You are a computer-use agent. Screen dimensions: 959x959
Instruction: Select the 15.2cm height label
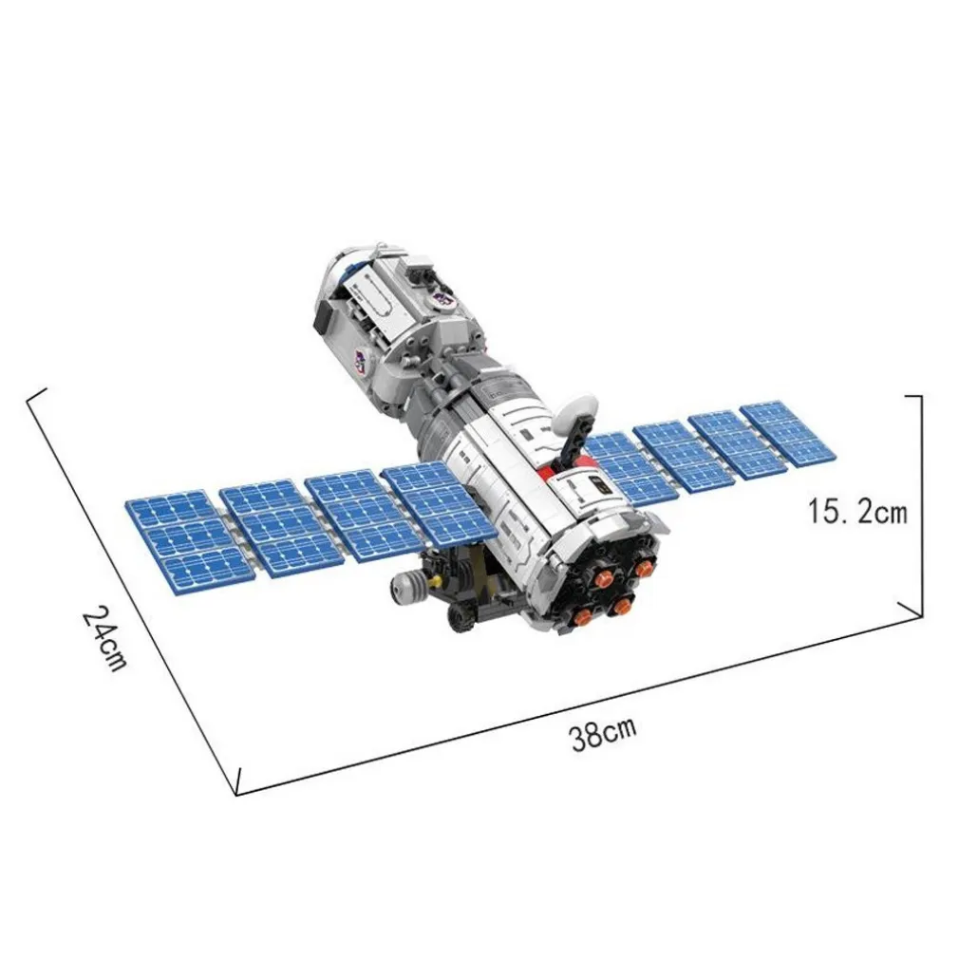[857, 511]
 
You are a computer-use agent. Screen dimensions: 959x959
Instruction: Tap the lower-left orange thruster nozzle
[583, 615]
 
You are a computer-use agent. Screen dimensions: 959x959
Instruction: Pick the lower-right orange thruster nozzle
[621, 606]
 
